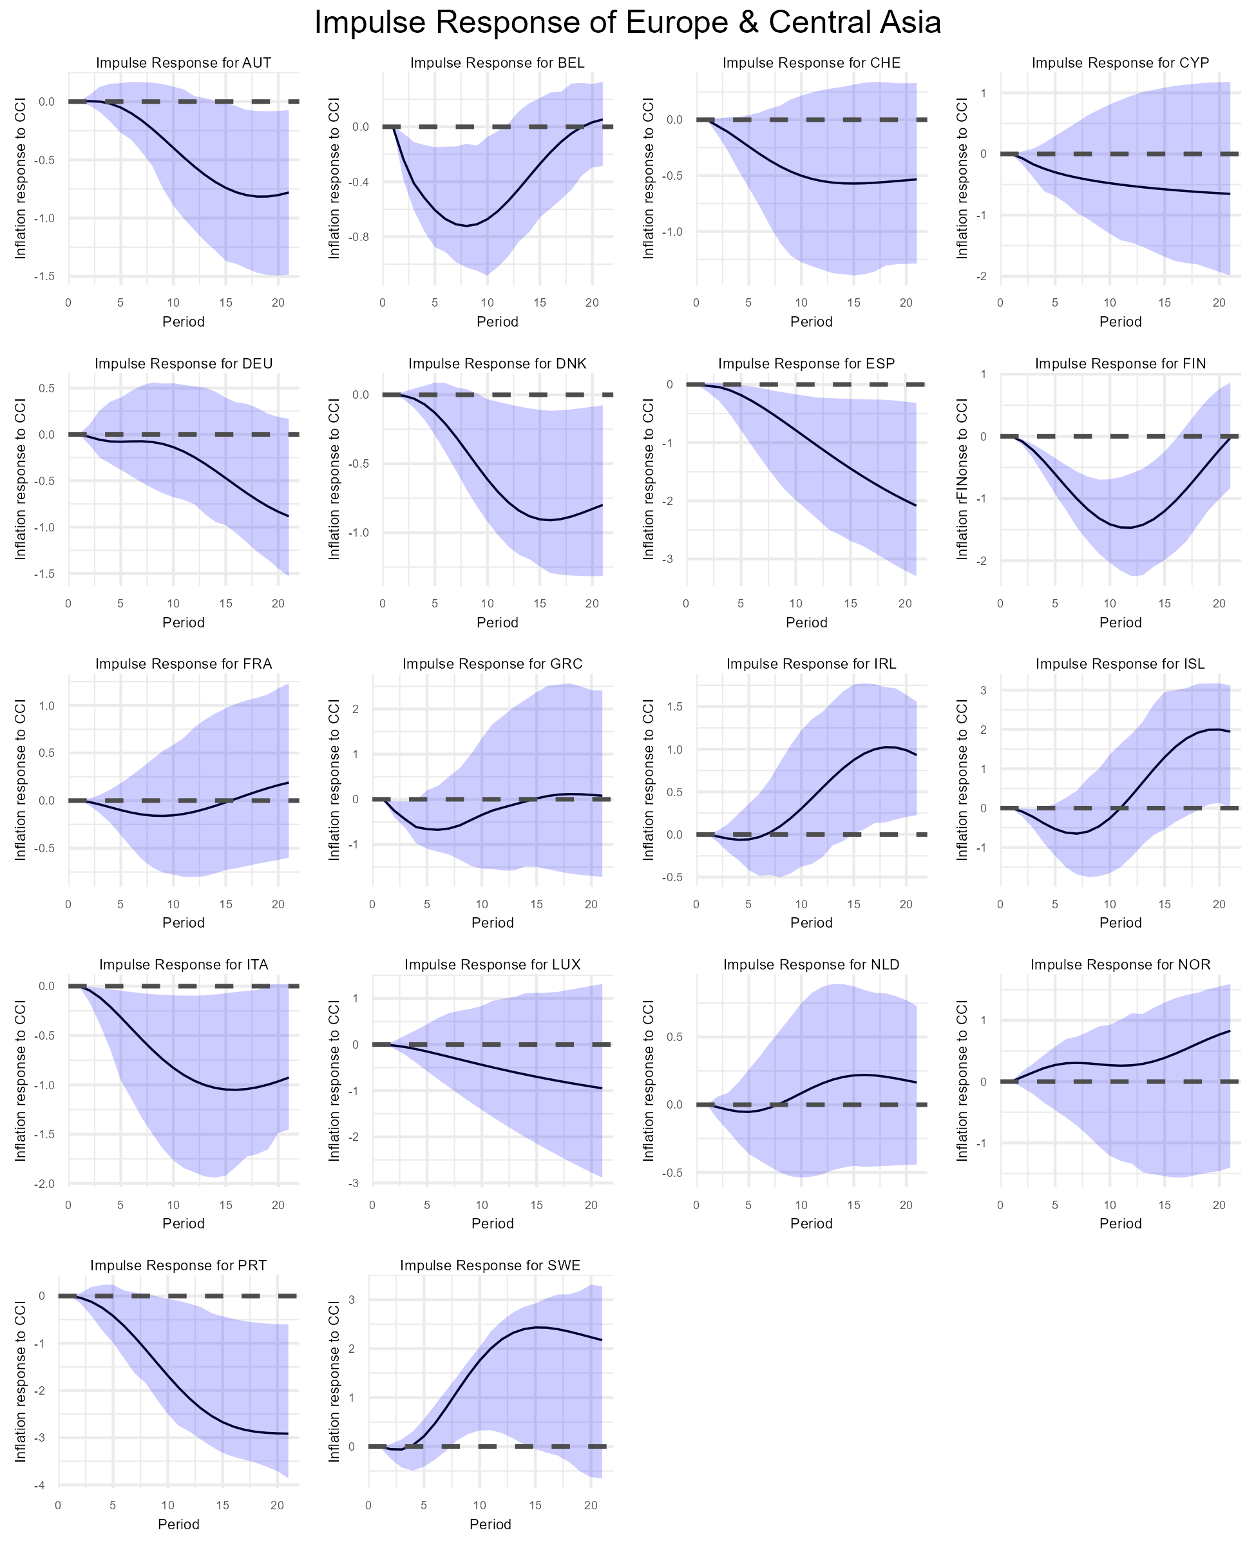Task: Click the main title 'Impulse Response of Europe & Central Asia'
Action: point(627,23)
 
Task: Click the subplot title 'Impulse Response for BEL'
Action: point(497,63)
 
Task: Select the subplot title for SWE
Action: point(490,1265)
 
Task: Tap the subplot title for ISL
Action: point(1120,664)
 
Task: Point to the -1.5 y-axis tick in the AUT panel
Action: point(46,277)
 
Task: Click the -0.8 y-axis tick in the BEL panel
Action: point(359,237)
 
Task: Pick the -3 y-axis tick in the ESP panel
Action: point(669,559)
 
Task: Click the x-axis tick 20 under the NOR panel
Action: point(1219,1205)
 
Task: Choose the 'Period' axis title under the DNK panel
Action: point(497,623)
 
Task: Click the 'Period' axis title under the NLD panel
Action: point(811,1224)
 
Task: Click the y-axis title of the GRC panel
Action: point(334,779)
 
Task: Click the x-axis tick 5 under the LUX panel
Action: point(427,1205)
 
